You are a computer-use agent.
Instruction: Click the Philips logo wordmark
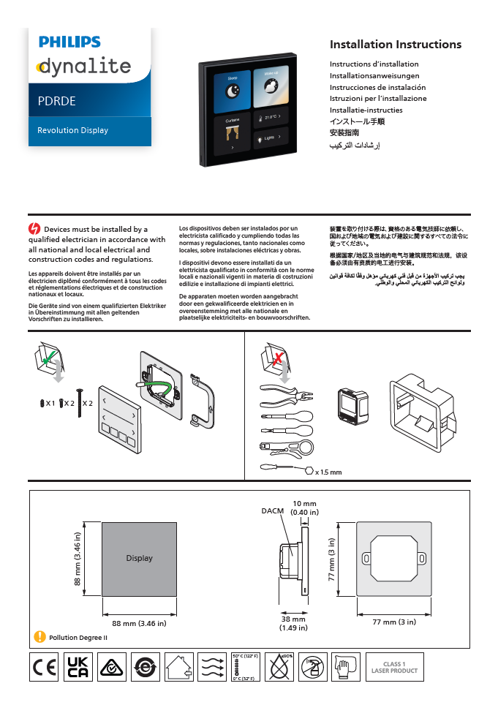tap(69, 42)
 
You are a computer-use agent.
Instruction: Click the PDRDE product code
tap(57, 102)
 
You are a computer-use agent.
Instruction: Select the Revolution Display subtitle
tap(72, 130)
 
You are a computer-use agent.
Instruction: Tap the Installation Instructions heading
tap(395, 45)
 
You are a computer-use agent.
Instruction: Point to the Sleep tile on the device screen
tap(233, 88)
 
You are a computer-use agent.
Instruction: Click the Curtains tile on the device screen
tap(233, 132)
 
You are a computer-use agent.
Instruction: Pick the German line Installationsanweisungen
tap(374, 75)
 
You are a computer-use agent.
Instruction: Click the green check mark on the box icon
tap(48, 359)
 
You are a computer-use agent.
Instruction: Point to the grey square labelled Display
tap(139, 558)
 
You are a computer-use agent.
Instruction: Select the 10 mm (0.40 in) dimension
tap(304, 508)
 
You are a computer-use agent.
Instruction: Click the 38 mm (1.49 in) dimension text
tap(293, 623)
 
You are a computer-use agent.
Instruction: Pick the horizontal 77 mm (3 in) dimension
tap(394, 622)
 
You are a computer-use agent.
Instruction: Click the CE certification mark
tap(44, 667)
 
